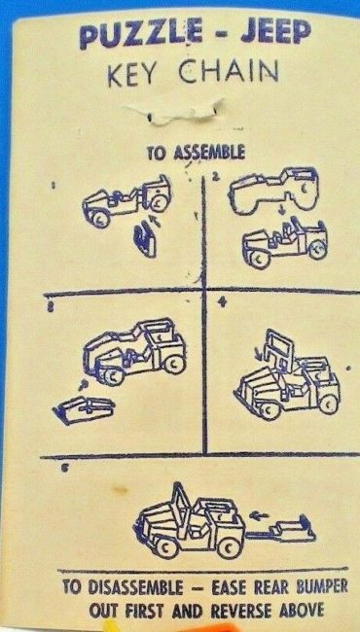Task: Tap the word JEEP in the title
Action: coord(276,31)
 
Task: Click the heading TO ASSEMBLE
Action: coord(196,154)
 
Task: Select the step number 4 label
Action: coord(220,303)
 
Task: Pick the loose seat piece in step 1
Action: coord(145,240)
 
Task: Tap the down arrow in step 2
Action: coord(282,210)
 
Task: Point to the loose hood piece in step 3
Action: coord(84,409)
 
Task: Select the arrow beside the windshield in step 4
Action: coord(259,355)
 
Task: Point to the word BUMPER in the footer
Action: coord(321,587)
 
